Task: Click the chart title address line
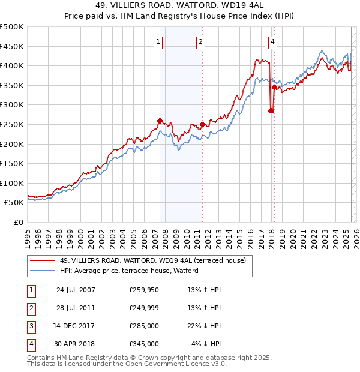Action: [179, 5]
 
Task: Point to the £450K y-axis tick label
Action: [12, 46]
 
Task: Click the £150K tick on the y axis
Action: [12, 163]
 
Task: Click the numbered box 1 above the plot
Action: [158, 41]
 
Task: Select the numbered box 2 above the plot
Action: [200, 41]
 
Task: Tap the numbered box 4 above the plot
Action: [272, 41]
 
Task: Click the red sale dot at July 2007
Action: [160, 121]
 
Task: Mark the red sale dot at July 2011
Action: [203, 125]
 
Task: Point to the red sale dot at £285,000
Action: [271, 110]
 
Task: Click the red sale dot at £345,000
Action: [274, 88]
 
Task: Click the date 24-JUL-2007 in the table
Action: [76, 290]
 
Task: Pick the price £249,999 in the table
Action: [144, 308]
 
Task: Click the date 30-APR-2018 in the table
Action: [76, 344]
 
